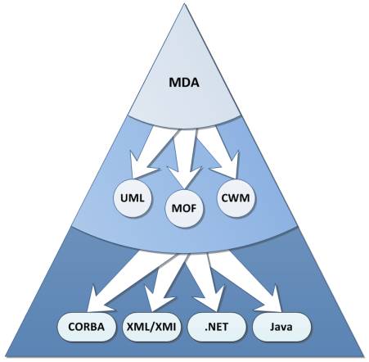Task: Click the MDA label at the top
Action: [x=184, y=83]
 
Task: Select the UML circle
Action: [x=133, y=198]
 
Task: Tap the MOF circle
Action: [x=184, y=208]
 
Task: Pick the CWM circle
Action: [x=236, y=198]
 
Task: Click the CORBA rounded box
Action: [x=87, y=327]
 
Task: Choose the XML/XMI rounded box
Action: [x=151, y=327]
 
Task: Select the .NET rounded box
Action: [x=217, y=327]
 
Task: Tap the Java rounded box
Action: [x=281, y=327]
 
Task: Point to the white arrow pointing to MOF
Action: [x=186, y=158]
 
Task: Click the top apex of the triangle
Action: [x=184, y=4]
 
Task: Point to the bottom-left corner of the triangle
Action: [x=6, y=356]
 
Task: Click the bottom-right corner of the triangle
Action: [x=364, y=356]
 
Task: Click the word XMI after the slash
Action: [x=165, y=327]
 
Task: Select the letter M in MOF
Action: [x=177, y=208]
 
